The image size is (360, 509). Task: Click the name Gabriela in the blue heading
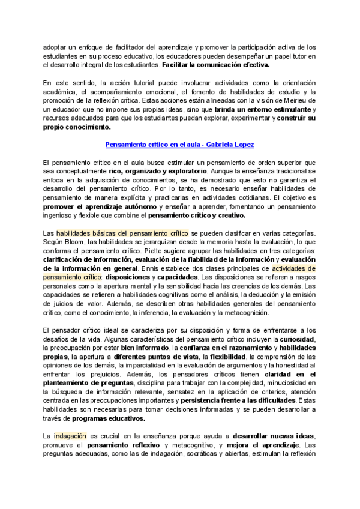click(x=219, y=145)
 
